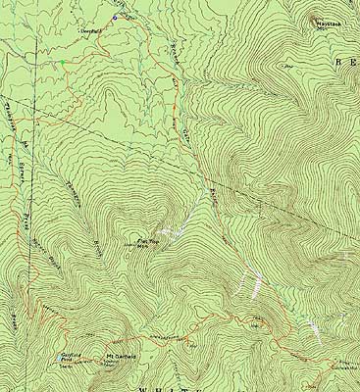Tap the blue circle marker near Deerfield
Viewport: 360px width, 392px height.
click(115, 18)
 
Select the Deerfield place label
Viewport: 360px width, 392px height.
click(90, 31)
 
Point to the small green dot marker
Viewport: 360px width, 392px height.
click(60, 63)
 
